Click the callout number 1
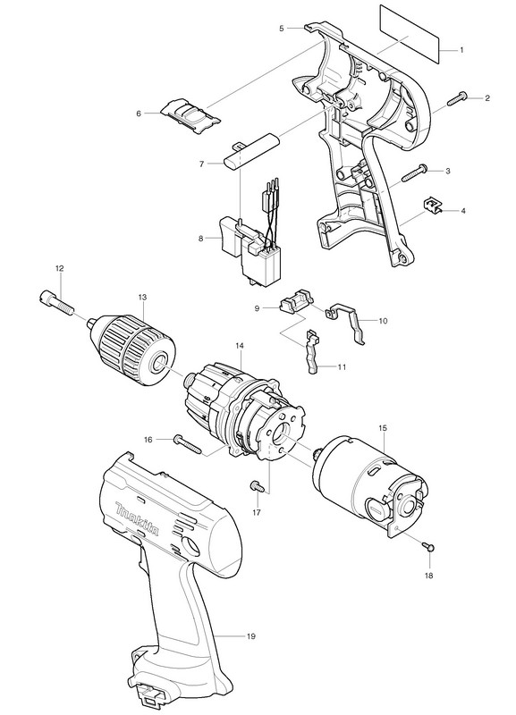tap(461, 50)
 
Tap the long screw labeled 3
tap(414, 172)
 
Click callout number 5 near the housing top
tap(282, 29)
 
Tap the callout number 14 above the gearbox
tap(240, 346)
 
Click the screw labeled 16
tap(188, 443)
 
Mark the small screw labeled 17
tap(257, 486)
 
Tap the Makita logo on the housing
tap(138, 519)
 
